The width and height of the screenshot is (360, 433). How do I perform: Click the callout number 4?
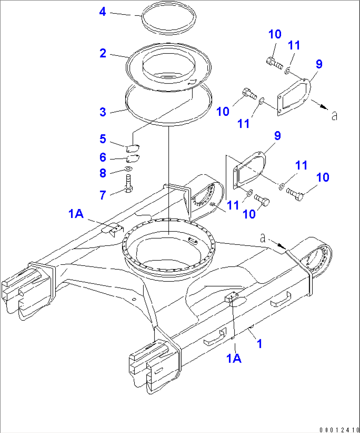pyautogui.click(x=103, y=12)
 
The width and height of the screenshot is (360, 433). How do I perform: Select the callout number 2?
pyautogui.click(x=103, y=53)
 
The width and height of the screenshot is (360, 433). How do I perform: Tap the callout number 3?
pyautogui.click(x=103, y=112)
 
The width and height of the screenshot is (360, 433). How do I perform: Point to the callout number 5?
pyautogui.click(x=103, y=139)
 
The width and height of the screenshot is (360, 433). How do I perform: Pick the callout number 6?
pyautogui.click(x=103, y=158)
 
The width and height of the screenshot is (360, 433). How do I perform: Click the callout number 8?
pyautogui.click(x=103, y=173)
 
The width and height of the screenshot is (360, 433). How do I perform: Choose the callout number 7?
pyautogui.click(x=103, y=195)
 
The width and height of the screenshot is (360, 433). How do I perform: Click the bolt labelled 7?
pyautogui.click(x=129, y=183)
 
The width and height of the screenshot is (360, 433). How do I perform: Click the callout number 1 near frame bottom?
pyautogui.click(x=260, y=343)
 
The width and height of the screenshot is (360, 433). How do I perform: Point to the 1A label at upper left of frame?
pyautogui.click(x=76, y=214)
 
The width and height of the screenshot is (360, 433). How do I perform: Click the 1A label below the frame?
pyautogui.click(x=234, y=358)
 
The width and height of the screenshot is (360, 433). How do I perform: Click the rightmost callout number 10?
pyautogui.click(x=322, y=177)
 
